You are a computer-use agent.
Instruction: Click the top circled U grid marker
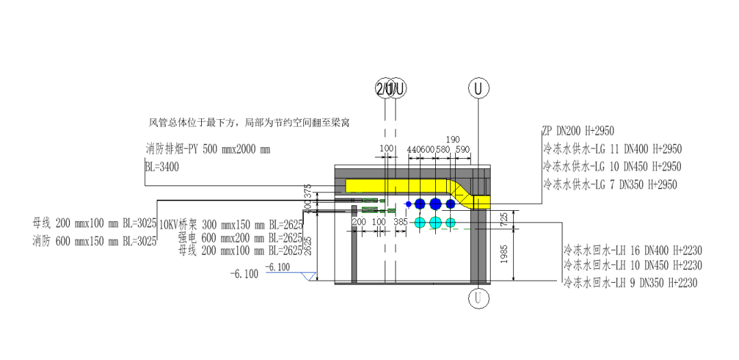tap(479, 88)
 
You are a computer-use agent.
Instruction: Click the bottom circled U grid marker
tap(479, 298)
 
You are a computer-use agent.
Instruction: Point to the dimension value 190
tap(452, 139)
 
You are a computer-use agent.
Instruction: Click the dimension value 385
tap(401, 222)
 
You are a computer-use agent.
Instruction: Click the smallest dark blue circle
tap(409, 204)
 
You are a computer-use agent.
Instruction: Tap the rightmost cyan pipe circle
tap(450, 222)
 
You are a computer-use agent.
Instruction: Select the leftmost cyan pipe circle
tap(420, 222)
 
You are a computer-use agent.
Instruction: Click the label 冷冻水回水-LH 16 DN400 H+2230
tap(633, 250)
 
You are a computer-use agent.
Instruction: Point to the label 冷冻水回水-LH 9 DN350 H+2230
tap(630, 283)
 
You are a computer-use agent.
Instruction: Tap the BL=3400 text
tap(161, 166)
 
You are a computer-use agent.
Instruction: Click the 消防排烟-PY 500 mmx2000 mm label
tap(208, 149)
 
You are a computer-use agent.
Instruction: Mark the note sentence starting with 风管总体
tap(250, 123)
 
